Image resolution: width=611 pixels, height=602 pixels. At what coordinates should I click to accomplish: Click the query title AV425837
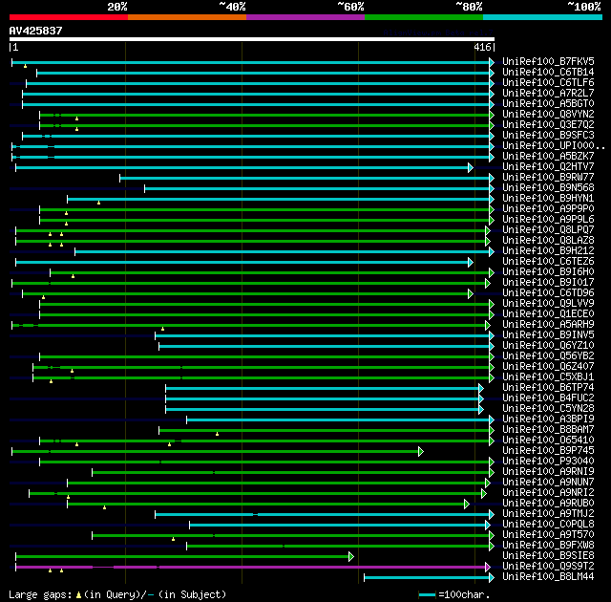click(x=36, y=31)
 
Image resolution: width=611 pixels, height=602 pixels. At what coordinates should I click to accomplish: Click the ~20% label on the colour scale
click(x=117, y=6)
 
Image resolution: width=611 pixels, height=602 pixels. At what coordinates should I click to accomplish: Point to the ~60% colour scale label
click(x=350, y=6)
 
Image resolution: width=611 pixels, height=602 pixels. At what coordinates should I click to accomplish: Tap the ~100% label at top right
click(x=584, y=6)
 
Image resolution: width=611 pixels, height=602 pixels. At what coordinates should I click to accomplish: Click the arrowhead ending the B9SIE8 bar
click(x=351, y=556)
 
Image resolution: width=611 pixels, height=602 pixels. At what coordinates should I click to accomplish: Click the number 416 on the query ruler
click(x=482, y=47)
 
